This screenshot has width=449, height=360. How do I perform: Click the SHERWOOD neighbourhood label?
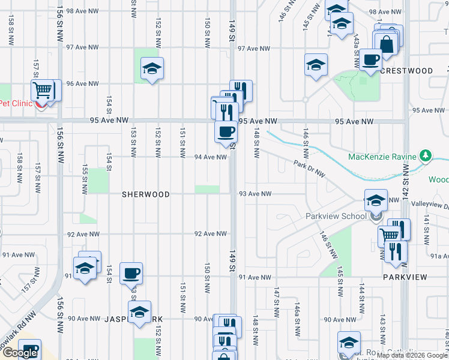click(x=146, y=194)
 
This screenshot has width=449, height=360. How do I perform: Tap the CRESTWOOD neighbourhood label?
click(x=406, y=71)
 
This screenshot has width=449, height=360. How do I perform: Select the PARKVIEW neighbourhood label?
click(x=405, y=277)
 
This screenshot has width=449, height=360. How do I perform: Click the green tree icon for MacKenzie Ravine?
click(x=426, y=157)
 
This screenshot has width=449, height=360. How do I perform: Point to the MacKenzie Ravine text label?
click(x=383, y=157)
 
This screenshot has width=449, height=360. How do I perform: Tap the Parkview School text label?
click(x=336, y=216)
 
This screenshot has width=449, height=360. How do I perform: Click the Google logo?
click(x=20, y=353)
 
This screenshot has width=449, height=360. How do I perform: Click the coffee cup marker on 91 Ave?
click(x=131, y=274)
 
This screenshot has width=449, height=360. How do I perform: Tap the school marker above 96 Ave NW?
click(x=152, y=70)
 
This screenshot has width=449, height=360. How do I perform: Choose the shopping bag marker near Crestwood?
click(x=386, y=43)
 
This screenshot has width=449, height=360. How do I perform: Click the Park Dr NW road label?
click(x=309, y=169)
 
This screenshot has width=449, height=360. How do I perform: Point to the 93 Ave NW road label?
click(x=255, y=194)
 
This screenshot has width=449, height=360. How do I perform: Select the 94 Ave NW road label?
click(x=210, y=157)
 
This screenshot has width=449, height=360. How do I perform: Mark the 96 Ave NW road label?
click(x=82, y=84)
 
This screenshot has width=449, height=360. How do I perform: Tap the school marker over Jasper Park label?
click(x=140, y=313)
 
